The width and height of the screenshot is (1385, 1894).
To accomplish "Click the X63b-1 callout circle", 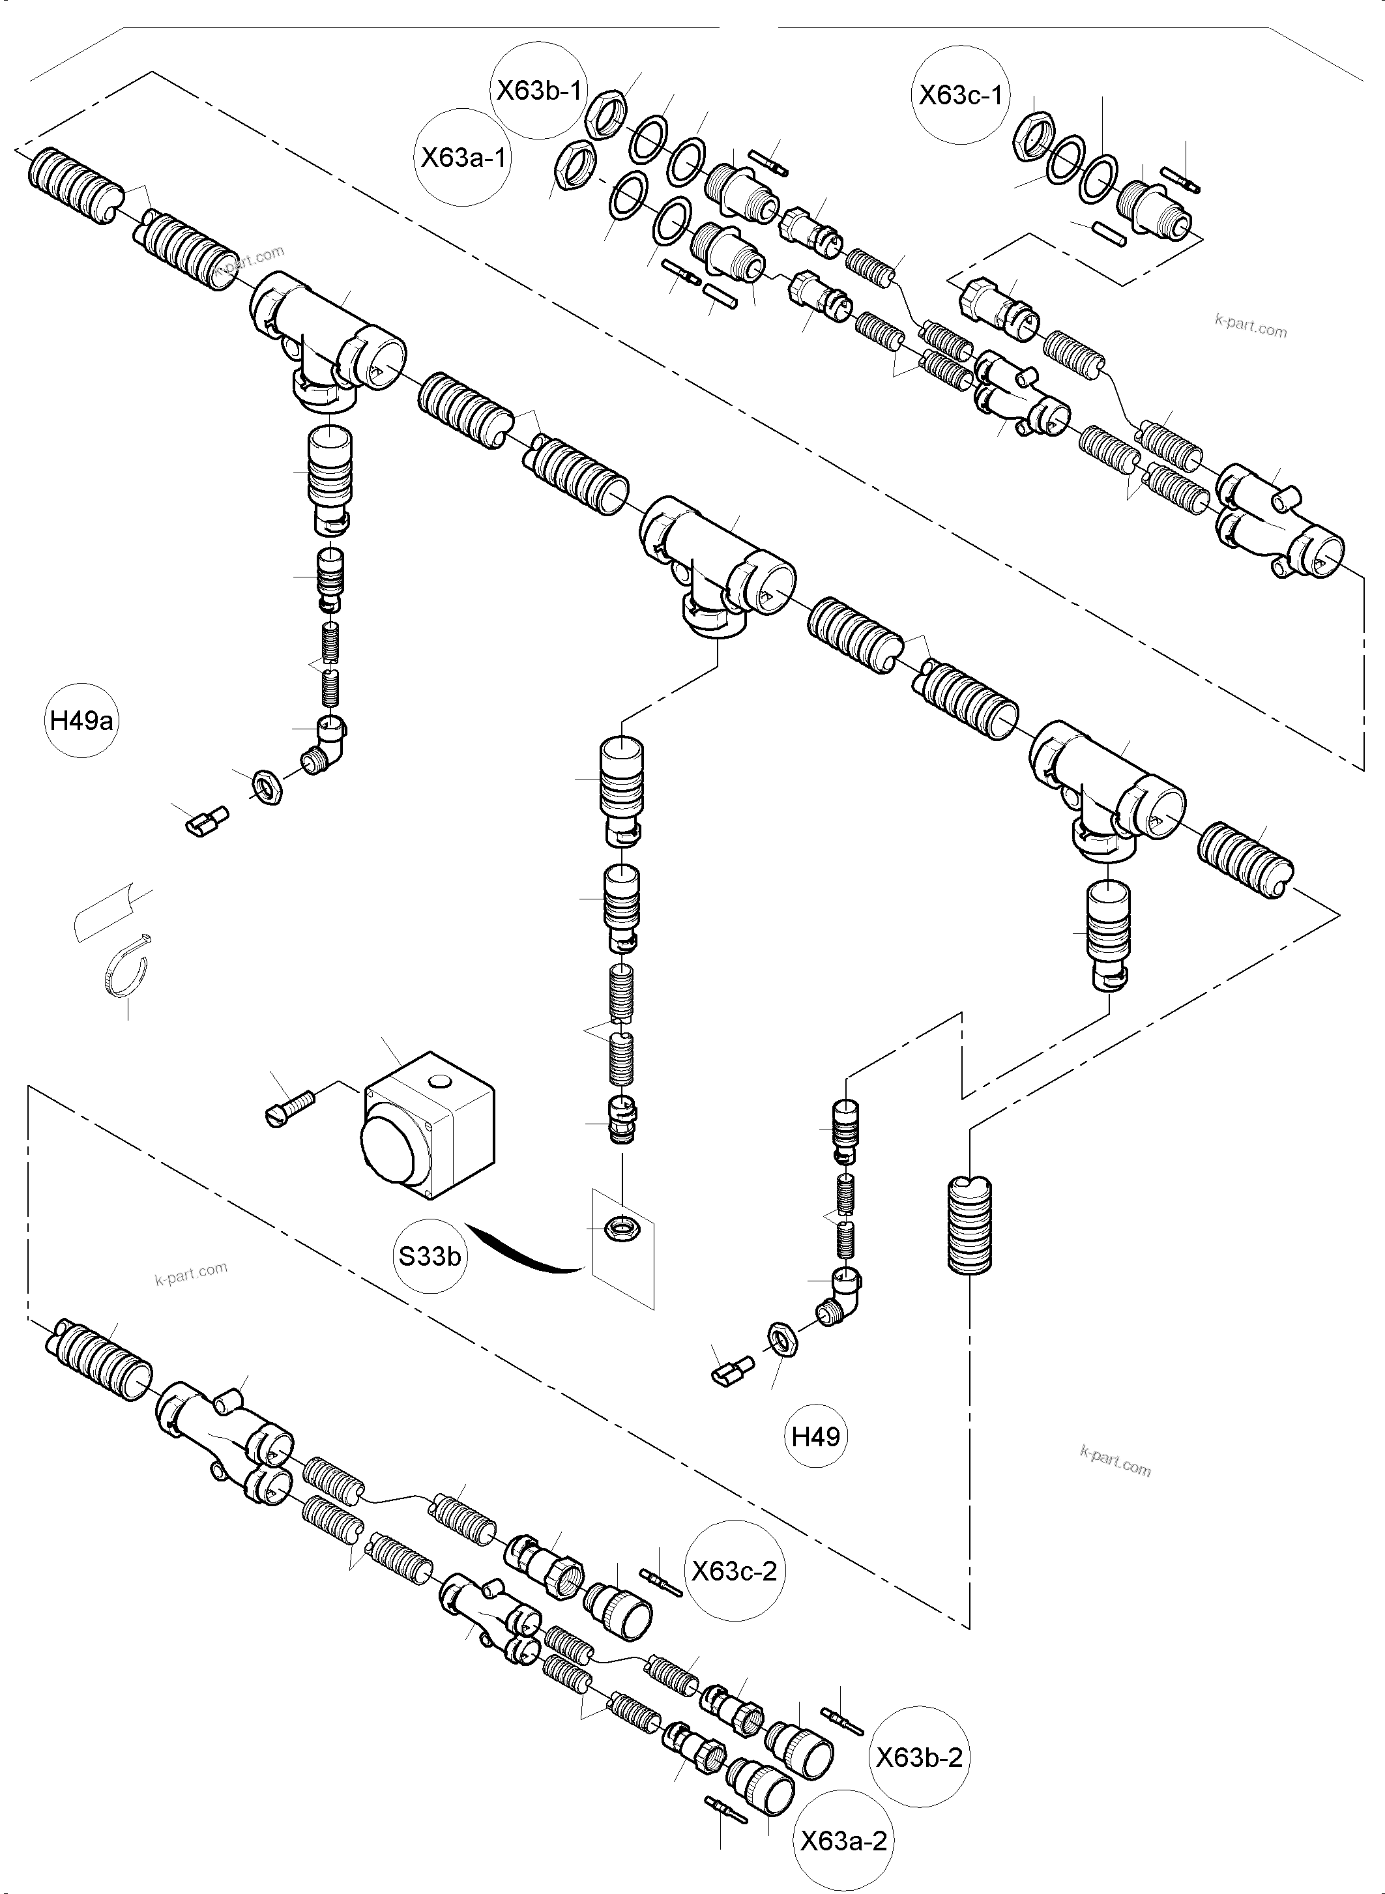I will pyautogui.click(x=538, y=91).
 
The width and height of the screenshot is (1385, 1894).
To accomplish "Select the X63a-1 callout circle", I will pyautogui.click(x=463, y=158).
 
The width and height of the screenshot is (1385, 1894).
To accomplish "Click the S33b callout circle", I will pyautogui.click(x=430, y=1256).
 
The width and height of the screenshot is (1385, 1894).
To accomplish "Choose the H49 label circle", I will pyautogui.click(x=816, y=1437).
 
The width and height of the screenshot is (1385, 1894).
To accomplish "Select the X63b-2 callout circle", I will pyautogui.click(x=919, y=1757).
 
